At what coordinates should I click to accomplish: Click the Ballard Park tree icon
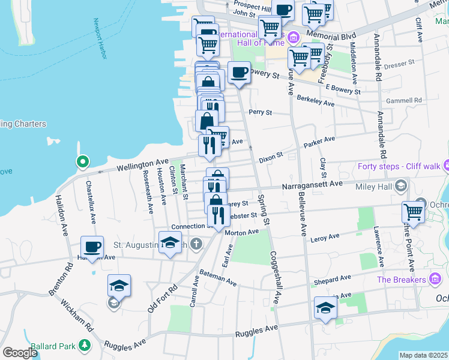point(86,345)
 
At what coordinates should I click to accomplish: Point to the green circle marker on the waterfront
point(82,161)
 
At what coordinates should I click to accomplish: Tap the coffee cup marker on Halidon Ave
point(92,247)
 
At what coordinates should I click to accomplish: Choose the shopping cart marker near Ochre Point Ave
point(413,211)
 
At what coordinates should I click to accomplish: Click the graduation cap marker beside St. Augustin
point(170,243)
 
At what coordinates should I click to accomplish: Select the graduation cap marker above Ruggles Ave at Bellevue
point(325,308)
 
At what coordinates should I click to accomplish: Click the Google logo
point(20,352)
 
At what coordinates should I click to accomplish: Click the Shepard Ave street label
point(332,280)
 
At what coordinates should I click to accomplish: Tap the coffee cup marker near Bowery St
point(239,73)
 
